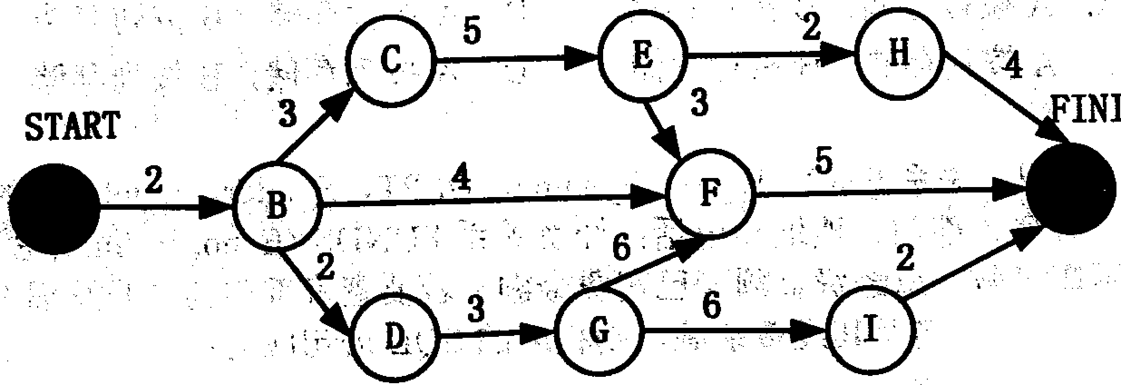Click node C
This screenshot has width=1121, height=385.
pos(390,61)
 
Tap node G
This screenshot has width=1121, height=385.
pos(599,331)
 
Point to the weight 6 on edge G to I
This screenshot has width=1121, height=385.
pos(711,305)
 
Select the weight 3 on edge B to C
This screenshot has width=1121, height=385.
pos(288,114)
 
